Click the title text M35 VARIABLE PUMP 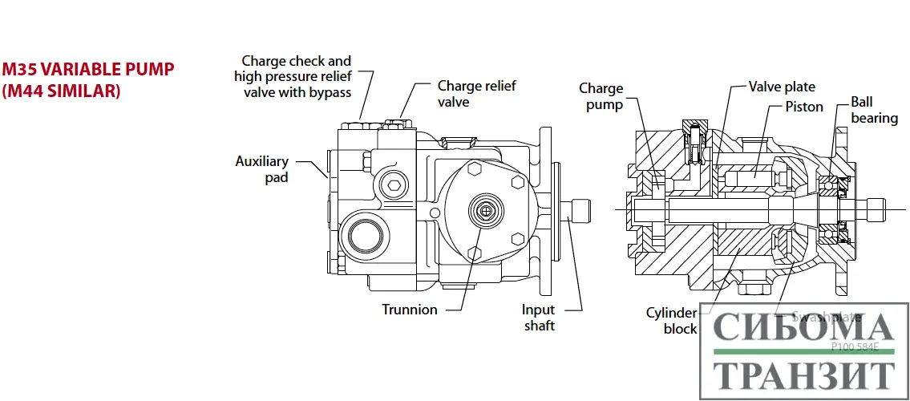click(88, 70)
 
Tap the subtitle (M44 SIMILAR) click(61, 91)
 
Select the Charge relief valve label click(476, 94)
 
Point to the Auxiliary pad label click(262, 169)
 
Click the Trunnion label click(409, 310)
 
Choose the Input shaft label click(539, 318)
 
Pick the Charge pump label click(601, 96)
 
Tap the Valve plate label click(782, 87)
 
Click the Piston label click(803, 107)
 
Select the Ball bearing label click(874, 111)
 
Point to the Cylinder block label click(672, 321)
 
